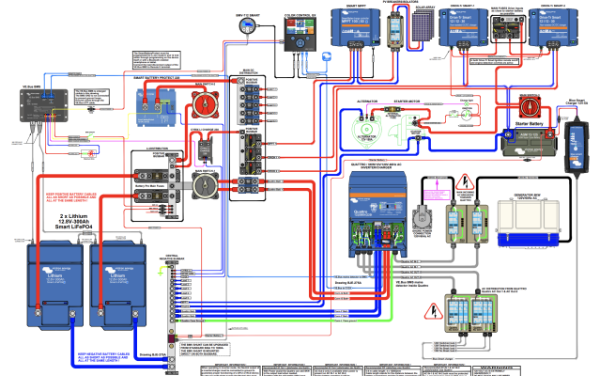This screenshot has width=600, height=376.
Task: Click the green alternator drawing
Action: pyautogui.click(x=357, y=129)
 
